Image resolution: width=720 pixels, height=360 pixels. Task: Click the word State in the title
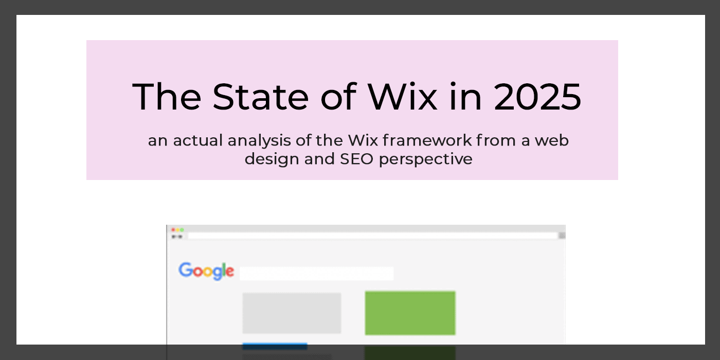point(260,97)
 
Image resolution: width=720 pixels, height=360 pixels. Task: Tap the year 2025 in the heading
point(537,97)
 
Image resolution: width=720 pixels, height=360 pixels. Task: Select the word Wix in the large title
point(403,97)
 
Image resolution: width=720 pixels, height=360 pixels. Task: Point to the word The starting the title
point(167,97)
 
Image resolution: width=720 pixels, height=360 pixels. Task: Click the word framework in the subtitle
point(427,140)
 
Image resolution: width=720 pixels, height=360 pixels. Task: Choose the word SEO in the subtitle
point(356,159)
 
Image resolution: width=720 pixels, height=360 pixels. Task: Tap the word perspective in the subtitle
point(426,159)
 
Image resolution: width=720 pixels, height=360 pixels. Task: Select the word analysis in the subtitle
point(259,141)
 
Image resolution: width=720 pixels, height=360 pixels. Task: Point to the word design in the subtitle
point(272,159)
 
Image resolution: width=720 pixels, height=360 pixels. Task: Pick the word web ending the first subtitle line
point(551,140)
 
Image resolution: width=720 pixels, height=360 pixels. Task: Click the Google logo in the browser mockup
point(206,271)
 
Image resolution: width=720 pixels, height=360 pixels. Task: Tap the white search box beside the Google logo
point(317,274)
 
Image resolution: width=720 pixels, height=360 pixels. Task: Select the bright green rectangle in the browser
point(410,313)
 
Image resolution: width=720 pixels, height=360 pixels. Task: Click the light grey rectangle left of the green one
point(292,313)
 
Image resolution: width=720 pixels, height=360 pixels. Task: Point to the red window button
point(173,230)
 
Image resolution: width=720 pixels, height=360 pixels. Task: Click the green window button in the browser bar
point(182,230)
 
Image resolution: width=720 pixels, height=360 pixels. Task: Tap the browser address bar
point(372,236)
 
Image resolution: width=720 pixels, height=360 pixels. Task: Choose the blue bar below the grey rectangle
point(275,347)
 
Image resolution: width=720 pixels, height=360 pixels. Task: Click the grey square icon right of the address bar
point(562,236)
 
